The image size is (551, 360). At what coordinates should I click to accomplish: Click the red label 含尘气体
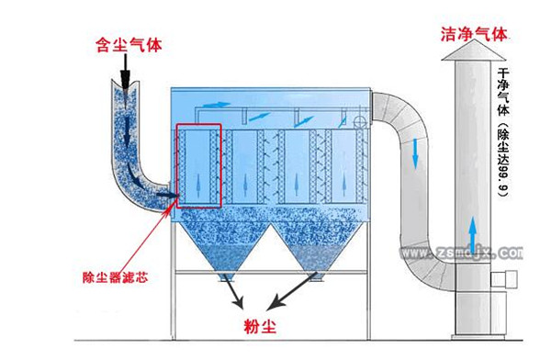tap(129, 45)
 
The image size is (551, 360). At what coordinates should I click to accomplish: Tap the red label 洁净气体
tap(474, 34)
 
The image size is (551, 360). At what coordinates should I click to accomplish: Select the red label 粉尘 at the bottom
tap(260, 326)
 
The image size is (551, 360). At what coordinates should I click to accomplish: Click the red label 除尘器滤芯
tap(116, 277)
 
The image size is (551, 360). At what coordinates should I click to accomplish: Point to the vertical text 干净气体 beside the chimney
tap(503, 92)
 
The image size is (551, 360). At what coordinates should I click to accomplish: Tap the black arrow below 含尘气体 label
tap(126, 72)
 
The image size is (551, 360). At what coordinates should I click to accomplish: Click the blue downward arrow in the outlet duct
tap(415, 153)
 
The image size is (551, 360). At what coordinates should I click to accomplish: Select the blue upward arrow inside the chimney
tap(473, 231)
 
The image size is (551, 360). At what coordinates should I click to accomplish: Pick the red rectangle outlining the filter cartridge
tap(177, 165)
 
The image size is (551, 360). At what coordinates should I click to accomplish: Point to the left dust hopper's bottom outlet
tap(225, 277)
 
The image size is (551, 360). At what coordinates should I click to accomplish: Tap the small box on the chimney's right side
tap(503, 279)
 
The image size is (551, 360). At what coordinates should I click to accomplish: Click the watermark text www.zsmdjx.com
tap(461, 253)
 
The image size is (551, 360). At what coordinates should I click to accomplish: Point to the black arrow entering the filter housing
tap(167, 195)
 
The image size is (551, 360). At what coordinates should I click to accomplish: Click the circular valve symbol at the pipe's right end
tap(359, 121)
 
